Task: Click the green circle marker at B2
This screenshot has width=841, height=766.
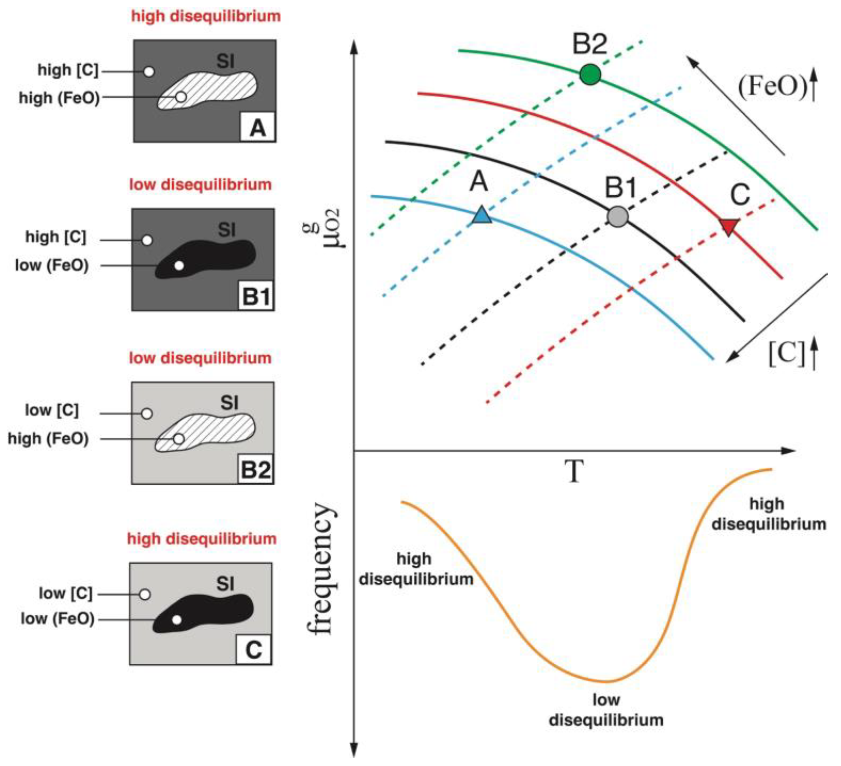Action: click(x=590, y=75)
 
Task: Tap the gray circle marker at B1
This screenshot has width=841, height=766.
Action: click(x=617, y=216)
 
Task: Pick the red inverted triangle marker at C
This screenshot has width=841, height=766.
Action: click(x=729, y=226)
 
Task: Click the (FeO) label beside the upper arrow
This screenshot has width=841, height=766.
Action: click(x=773, y=87)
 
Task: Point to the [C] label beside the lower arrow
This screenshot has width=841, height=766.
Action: click(x=787, y=354)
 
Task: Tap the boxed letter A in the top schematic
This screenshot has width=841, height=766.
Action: click(x=257, y=127)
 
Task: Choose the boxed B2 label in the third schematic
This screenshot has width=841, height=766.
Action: click(x=256, y=470)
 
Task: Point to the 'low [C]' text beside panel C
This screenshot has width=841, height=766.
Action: click(x=65, y=593)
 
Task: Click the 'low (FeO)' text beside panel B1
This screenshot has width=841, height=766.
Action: click(x=52, y=265)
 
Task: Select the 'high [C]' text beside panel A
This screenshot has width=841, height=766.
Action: click(x=68, y=70)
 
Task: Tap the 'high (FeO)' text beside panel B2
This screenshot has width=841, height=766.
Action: click(x=48, y=439)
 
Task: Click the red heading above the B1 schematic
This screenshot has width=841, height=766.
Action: click(x=200, y=184)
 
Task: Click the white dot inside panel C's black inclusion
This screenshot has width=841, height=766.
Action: click(x=177, y=620)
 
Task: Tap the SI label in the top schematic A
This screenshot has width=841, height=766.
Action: click(x=225, y=61)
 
